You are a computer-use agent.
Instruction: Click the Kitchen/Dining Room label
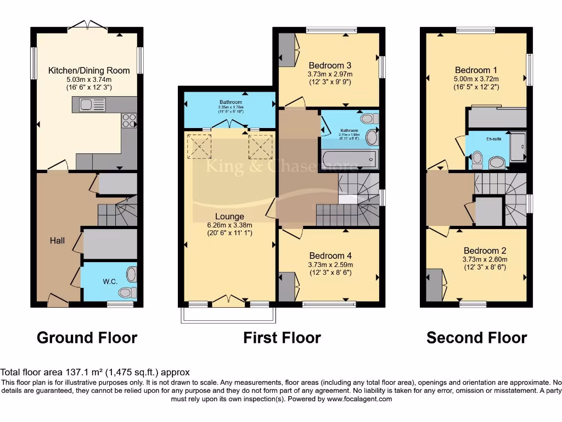click(89, 70)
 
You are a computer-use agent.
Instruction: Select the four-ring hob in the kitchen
click(128, 120)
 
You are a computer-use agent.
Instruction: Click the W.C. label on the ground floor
click(110, 281)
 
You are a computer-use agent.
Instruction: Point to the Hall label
click(57, 241)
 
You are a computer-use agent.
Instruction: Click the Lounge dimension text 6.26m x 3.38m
click(229, 225)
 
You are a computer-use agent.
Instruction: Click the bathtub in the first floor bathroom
click(350, 160)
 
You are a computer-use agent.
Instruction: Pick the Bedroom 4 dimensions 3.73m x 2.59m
click(330, 264)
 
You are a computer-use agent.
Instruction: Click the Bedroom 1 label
click(476, 70)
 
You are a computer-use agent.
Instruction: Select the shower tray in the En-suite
click(518, 147)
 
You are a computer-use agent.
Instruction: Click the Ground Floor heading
click(87, 337)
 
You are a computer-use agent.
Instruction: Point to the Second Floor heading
click(476, 337)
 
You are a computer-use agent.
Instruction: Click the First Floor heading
click(282, 337)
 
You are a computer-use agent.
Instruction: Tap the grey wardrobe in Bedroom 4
click(287, 286)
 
